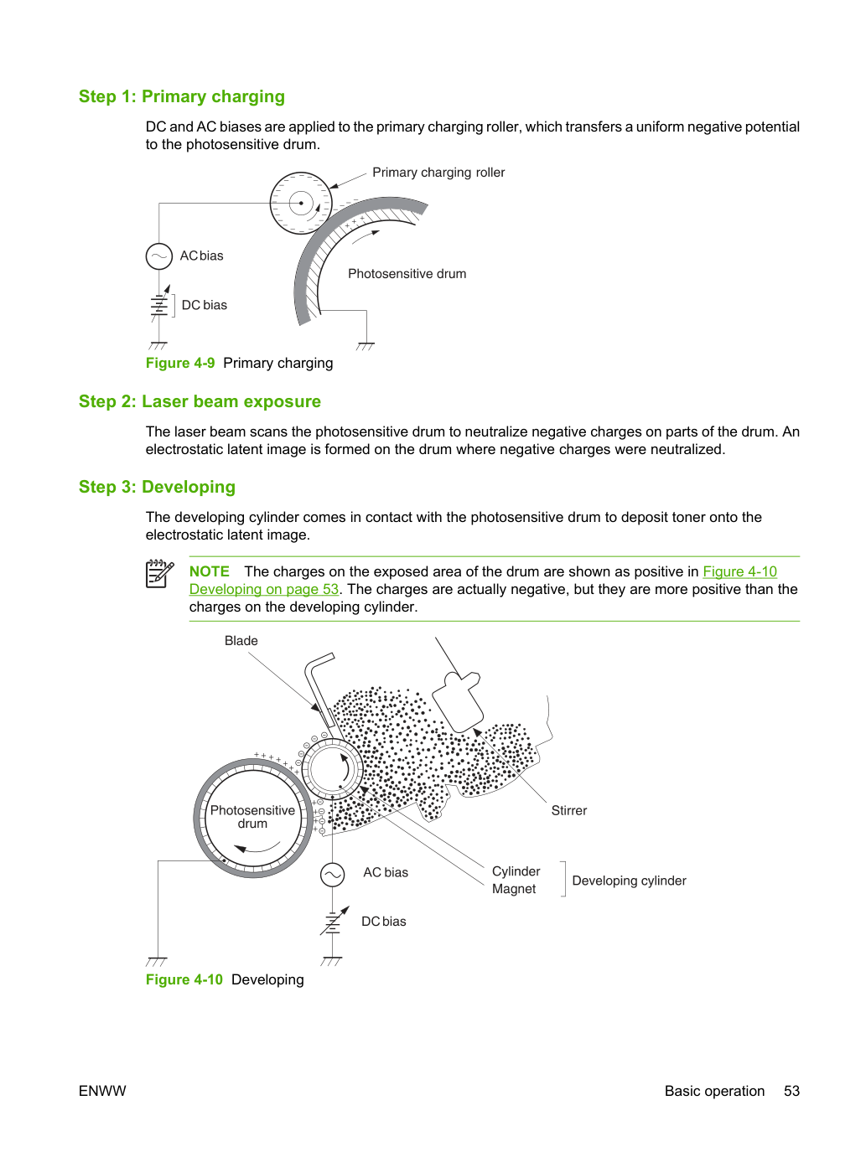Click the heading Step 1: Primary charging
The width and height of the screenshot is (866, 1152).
click(x=182, y=96)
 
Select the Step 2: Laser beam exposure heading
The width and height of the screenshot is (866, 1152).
click(x=200, y=401)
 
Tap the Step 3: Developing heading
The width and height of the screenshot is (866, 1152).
click(x=157, y=487)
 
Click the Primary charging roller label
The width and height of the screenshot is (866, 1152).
click(x=438, y=172)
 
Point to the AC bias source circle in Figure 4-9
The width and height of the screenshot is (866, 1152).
click(x=159, y=256)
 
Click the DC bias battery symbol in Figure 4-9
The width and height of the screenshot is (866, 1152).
click(x=159, y=305)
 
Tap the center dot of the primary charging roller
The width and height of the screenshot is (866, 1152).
click(x=301, y=203)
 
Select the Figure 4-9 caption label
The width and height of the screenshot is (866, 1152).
click(x=180, y=363)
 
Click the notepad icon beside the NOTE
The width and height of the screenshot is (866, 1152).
click(x=159, y=574)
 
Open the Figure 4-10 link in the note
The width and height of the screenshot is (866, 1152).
click(x=740, y=571)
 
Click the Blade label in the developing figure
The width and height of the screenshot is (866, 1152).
click(x=241, y=641)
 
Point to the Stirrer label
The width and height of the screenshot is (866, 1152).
click(x=568, y=810)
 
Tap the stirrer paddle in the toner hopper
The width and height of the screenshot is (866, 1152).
click(x=458, y=701)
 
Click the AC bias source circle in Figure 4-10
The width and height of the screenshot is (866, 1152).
click(x=333, y=875)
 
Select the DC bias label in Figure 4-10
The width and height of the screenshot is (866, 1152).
click(x=383, y=921)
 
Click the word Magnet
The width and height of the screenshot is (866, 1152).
click(x=514, y=889)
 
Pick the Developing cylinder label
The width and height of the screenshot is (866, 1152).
click(x=629, y=881)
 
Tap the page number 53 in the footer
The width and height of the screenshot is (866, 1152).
click(x=791, y=1091)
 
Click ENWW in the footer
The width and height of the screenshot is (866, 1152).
click(x=102, y=1091)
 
